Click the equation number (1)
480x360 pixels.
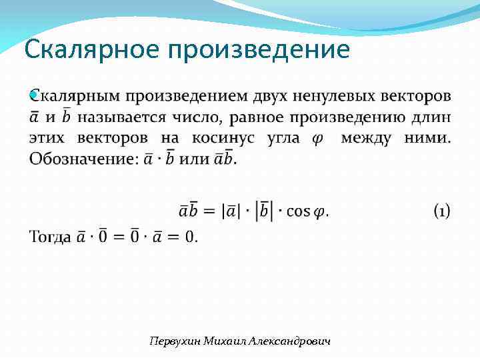441,211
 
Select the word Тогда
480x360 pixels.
50,237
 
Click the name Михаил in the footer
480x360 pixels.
225,341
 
